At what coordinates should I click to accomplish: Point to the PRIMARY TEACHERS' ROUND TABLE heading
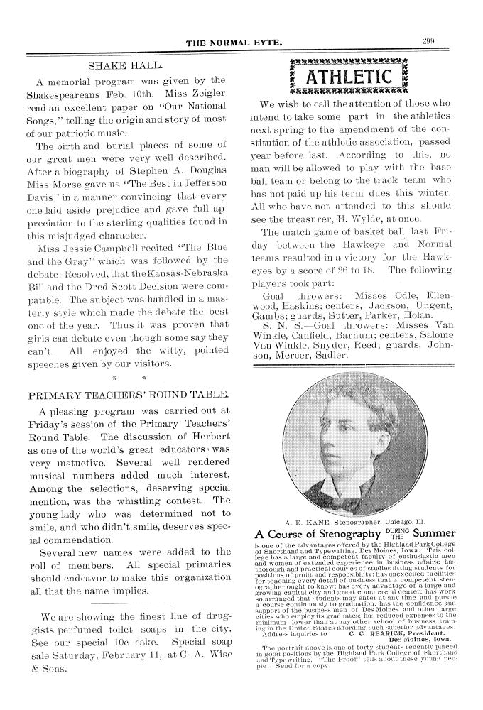(127, 394)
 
